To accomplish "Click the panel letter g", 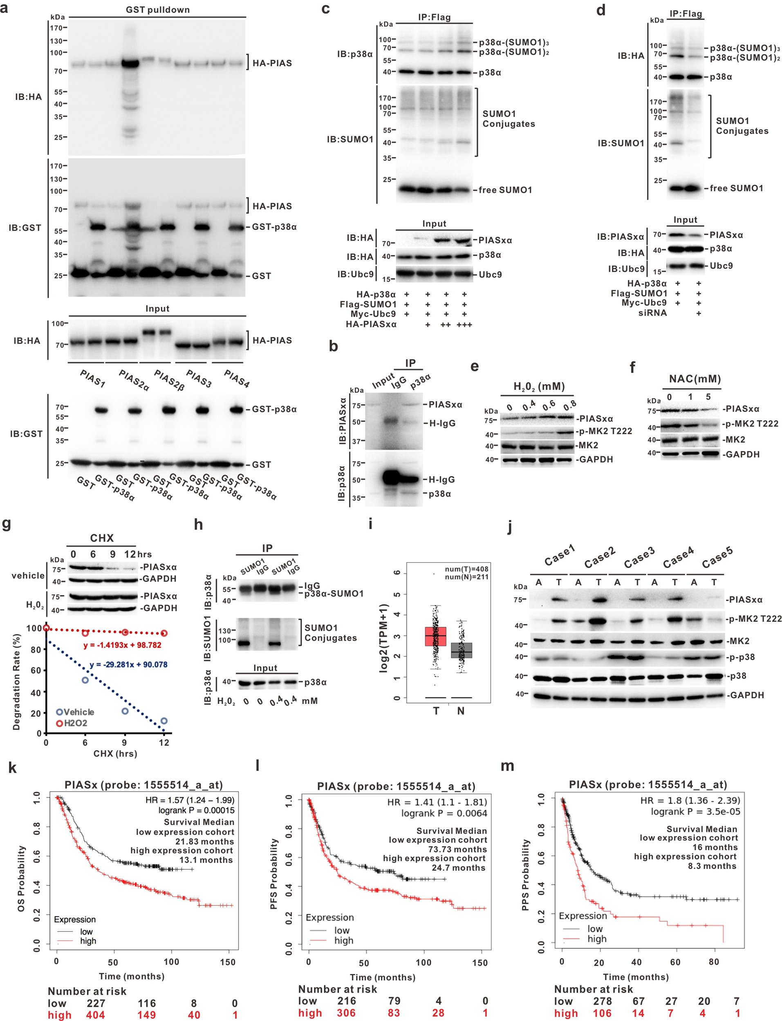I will [x=7, y=524].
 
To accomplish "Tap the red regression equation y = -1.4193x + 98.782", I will [x=122, y=645].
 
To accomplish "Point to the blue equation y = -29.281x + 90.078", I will [x=128, y=664].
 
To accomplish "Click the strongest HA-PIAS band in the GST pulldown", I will [x=130, y=63].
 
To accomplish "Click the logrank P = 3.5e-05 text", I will [x=695, y=812].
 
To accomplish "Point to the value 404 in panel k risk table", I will [x=95, y=1015].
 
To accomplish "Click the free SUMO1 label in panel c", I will [x=505, y=190].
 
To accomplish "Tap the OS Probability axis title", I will [x=21, y=878].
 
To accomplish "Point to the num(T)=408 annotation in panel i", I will [x=466, y=569].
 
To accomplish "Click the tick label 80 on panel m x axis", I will [x=714, y=961].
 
